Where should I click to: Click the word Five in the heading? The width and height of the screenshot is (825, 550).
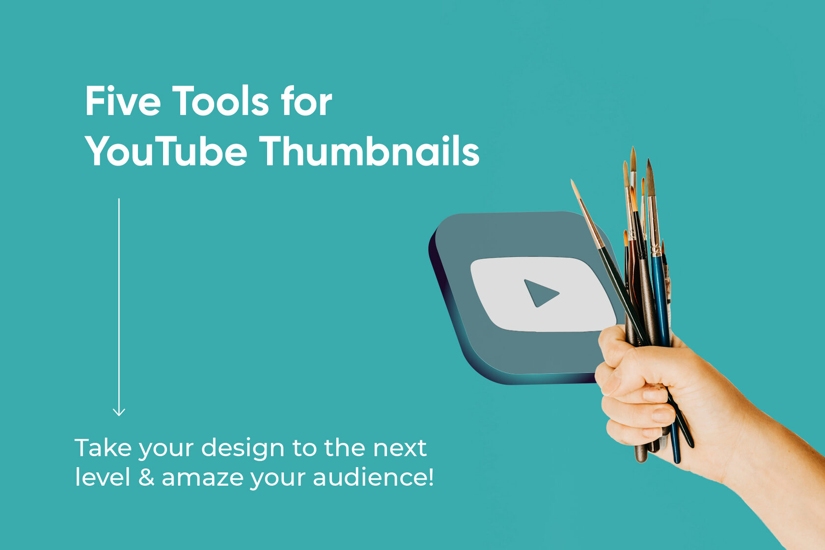(x=123, y=101)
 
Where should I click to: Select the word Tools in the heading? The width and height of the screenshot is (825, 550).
(x=220, y=101)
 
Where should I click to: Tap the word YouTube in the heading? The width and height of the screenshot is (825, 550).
(x=166, y=152)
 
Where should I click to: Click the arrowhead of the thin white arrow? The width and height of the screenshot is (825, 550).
(x=119, y=412)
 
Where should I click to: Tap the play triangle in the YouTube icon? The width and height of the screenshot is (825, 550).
(x=540, y=293)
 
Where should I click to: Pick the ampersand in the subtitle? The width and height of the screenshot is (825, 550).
(x=146, y=477)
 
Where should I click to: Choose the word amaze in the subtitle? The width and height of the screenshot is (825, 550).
(x=202, y=477)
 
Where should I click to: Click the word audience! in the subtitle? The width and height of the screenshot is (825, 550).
(x=373, y=477)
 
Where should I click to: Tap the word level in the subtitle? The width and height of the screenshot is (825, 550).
(x=103, y=477)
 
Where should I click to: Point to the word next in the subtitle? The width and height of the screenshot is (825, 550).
(x=400, y=448)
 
